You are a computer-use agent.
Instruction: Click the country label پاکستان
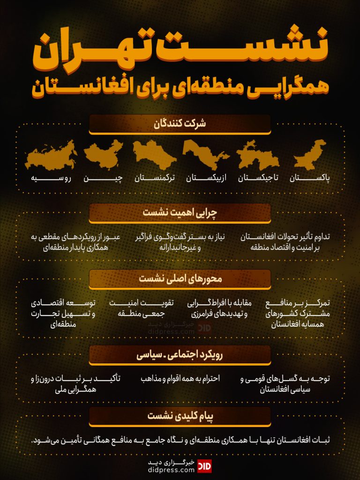point(310,178)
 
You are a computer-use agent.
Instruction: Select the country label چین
point(103,178)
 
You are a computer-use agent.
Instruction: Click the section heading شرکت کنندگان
point(180,124)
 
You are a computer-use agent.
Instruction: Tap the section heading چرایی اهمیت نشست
point(180,212)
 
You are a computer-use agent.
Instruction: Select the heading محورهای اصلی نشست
point(180,278)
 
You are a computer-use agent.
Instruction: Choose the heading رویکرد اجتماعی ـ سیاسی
point(180,355)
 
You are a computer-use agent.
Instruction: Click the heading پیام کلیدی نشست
point(180,416)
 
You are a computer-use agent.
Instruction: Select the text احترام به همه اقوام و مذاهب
point(180,378)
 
